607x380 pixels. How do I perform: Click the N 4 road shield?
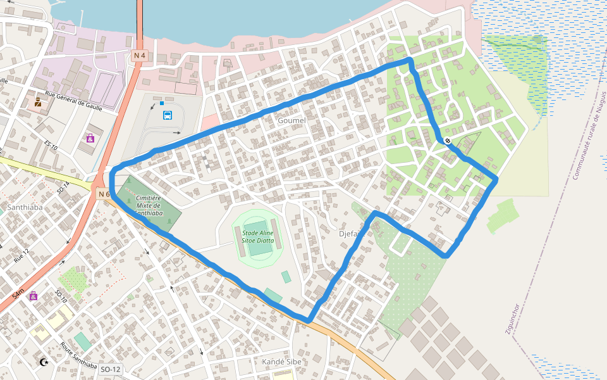click(x=140, y=56)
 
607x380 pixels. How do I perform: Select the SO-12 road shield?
click(x=110, y=369)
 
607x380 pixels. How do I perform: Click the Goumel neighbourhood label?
click(x=291, y=120)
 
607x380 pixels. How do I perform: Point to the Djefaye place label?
click(x=352, y=234)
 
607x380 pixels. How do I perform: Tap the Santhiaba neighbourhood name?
click(x=24, y=207)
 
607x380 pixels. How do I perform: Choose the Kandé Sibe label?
click(x=282, y=362)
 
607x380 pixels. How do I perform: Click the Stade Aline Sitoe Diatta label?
click(x=258, y=236)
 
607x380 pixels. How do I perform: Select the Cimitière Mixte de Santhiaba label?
click(x=147, y=205)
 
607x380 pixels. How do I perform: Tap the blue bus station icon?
click(x=168, y=115)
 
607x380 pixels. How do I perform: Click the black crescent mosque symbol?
click(x=44, y=362)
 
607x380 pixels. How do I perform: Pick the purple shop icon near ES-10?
click(x=90, y=137)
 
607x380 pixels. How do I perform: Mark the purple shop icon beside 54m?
click(x=33, y=296)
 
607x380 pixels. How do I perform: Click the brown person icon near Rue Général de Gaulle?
click(x=38, y=101)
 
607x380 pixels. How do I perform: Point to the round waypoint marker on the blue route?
click(x=448, y=141)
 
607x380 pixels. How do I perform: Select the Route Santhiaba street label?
click(x=79, y=356)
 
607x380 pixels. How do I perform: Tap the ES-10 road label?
click(x=51, y=145)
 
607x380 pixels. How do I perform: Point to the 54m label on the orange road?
click(x=18, y=294)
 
